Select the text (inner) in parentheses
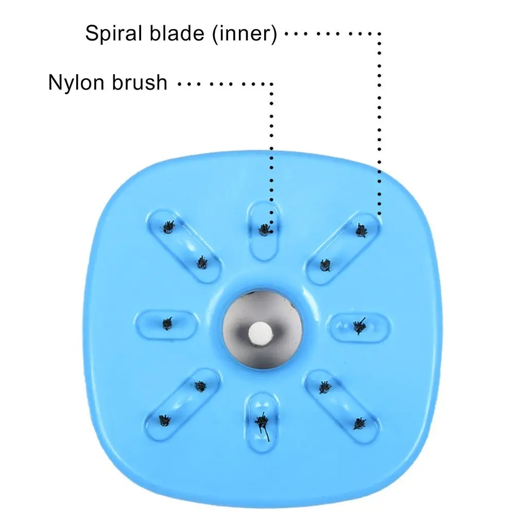(244, 33)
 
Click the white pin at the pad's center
(261, 333)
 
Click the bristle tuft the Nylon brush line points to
(264, 229)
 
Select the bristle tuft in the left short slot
(167, 323)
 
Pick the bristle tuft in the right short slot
(359, 326)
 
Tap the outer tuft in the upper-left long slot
(169, 227)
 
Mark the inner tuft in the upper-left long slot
(202, 263)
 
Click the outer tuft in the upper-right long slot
(361, 230)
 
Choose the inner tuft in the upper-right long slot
(326, 265)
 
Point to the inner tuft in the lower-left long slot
(200, 386)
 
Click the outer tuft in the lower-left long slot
(164, 421)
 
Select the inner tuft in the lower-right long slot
(325, 387)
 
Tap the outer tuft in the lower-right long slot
(360, 424)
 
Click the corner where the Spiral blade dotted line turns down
(379, 34)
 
